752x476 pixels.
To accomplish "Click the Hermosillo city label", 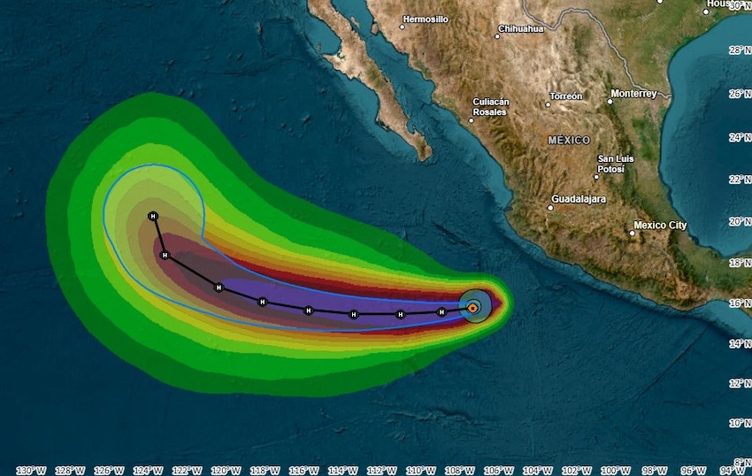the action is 426,19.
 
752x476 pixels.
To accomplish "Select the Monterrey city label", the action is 633,93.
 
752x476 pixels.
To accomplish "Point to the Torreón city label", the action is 566,96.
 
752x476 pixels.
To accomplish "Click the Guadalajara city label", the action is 579,199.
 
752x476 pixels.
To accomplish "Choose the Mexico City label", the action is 660,225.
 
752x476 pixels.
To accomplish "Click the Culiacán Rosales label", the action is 491,107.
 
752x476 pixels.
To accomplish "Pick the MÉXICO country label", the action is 569,140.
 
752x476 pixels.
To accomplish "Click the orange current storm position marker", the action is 473,307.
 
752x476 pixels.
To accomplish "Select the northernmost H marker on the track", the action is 153,216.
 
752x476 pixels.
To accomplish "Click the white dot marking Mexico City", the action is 633,234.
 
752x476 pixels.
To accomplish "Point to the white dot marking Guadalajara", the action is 549,208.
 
